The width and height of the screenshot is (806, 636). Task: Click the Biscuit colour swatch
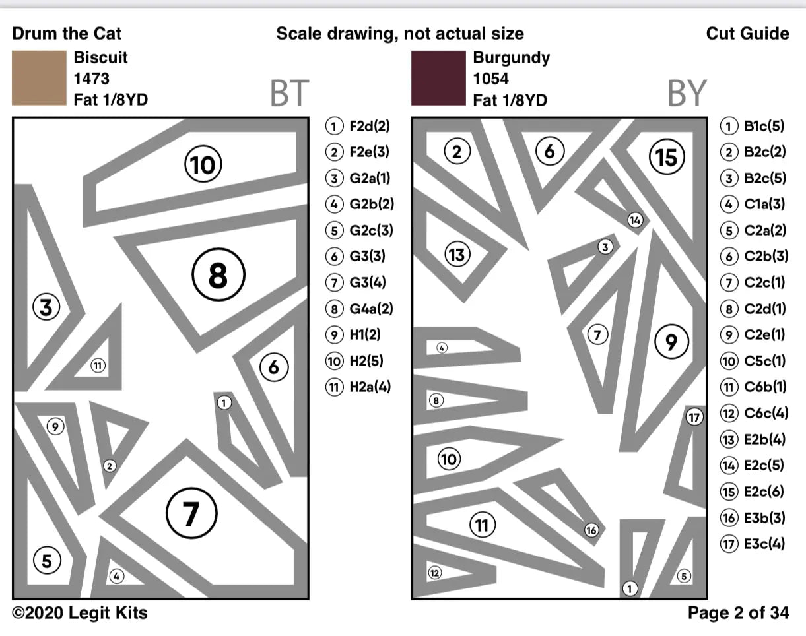point(39,79)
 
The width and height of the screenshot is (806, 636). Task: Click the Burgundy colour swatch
point(438,79)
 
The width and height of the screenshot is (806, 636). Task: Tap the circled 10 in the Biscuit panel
point(203,164)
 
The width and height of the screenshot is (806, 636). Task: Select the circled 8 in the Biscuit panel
point(218,276)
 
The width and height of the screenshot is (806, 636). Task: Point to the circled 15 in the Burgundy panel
point(667,157)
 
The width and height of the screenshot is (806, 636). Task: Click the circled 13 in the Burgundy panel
point(457,254)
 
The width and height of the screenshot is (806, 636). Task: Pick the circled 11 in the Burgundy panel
point(483,525)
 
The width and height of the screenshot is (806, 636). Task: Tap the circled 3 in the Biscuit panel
point(46,307)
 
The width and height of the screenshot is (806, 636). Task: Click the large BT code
point(289,94)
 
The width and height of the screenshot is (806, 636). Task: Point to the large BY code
point(687,94)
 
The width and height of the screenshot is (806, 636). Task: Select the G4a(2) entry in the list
point(360,308)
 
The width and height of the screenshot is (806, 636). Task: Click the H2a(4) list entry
point(360,387)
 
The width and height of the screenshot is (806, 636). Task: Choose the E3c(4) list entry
point(753,544)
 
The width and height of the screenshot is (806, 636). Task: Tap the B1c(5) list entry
point(753,126)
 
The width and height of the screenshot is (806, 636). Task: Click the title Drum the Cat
point(67,34)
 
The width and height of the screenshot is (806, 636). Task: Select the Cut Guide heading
point(747,34)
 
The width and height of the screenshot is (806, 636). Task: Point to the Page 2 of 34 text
point(738,613)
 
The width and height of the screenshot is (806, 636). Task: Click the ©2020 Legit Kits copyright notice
point(80,613)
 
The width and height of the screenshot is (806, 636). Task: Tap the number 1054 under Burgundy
point(490,79)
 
